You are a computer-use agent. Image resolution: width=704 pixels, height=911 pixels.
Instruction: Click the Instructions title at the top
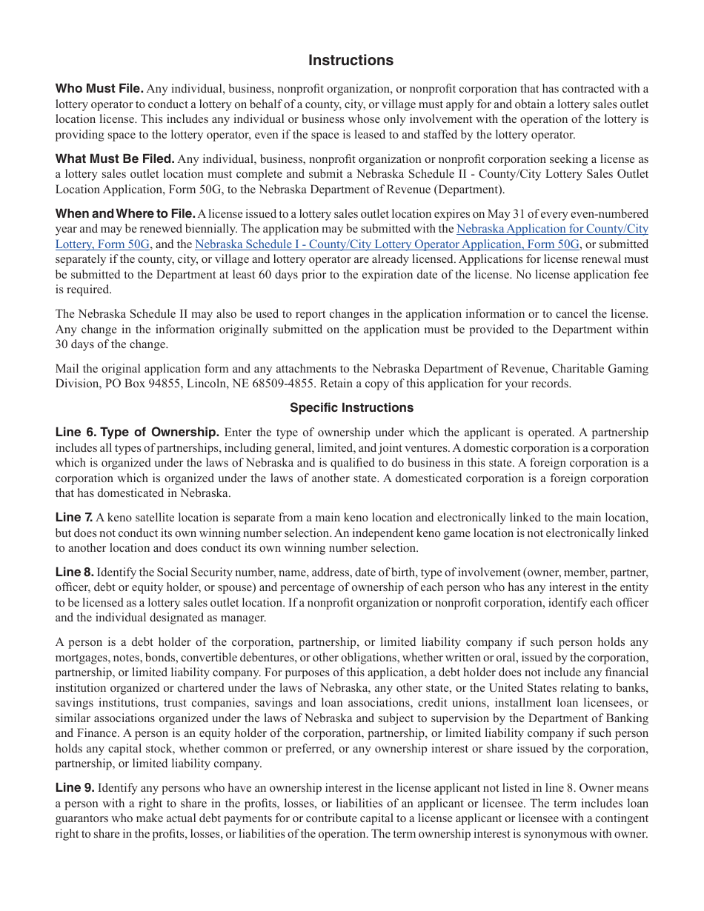(x=351, y=61)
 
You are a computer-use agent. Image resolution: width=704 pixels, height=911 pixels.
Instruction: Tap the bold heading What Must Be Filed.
(x=115, y=158)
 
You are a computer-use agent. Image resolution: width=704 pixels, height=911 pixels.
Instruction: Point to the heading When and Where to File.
(x=125, y=213)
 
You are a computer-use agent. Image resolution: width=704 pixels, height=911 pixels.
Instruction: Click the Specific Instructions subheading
(x=351, y=407)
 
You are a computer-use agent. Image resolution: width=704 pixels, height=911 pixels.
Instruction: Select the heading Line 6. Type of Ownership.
(x=137, y=432)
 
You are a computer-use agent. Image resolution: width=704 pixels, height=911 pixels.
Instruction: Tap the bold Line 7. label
(x=74, y=517)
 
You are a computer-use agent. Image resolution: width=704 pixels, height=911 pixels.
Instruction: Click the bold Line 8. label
(x=75, y=572)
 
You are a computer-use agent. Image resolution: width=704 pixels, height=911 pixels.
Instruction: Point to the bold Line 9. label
(x=75, y=788)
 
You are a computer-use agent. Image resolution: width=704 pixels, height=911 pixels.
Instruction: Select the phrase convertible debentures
(x=233, y=658)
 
